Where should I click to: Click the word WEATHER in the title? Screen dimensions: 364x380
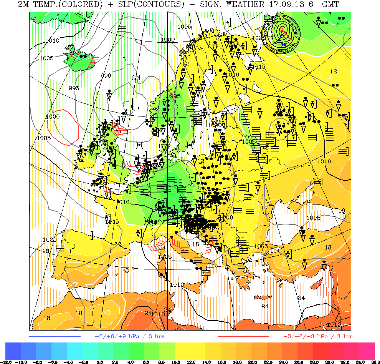pyautogui.click(x=245, y=4)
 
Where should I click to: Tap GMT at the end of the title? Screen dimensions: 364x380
pyautogui.click(x=330, y=4)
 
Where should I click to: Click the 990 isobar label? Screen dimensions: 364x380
pyautogui.click(x=106, y=75)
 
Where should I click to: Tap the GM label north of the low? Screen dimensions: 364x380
pyautogui.click(x=136, y=78)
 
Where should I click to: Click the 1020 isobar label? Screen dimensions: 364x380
pyautogui.click(x=50, y=240)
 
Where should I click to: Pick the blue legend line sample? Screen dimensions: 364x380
pyautogui.click(x=55, y=336)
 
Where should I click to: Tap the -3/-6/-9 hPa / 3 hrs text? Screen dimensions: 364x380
pyautogui.click(x=318, y=336)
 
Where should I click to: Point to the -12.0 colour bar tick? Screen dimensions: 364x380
pyautogui.click(x=7, y=362)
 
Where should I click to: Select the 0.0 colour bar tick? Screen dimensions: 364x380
pyautogui.click(x=99, y=362)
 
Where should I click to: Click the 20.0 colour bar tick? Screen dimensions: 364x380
pyautogui.click(x=252, y=362)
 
